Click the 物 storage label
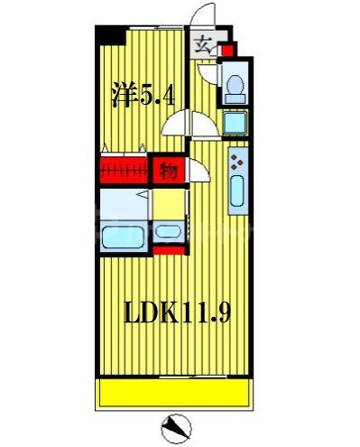pos(167,170)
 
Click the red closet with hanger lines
pos(125,170)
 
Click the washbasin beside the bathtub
pos(167,231)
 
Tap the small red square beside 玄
pos(227,51)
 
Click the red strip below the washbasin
pos(167,249)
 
